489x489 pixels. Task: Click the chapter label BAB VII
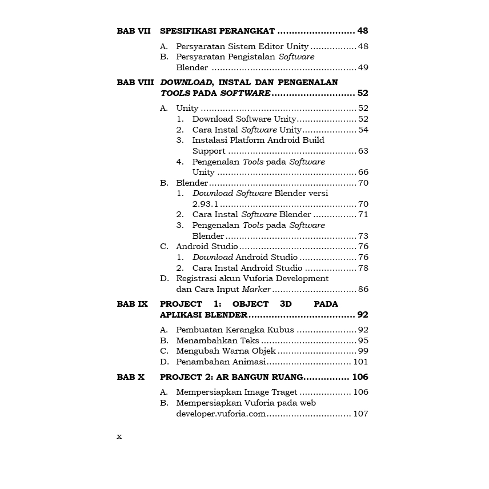click(x=134, y=31)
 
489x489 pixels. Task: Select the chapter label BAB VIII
click(x=135, y=82)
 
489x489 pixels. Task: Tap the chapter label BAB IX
click(x=133, y=304)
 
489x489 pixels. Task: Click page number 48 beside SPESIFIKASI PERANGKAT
click(x=363, y=31)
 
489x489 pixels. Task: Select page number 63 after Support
click(x=363, y=151)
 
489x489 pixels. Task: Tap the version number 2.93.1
click(x=205, y=204)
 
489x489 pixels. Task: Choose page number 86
click(x=363, y=289)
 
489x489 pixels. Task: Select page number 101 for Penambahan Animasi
click(x=360, y=362)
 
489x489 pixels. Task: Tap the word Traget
click(x=283, y=392)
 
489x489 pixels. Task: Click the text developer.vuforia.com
click(x=221, y=414)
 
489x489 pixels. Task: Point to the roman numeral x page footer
click(x=119, y=436)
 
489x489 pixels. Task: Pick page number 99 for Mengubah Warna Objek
click(x=363, y=351)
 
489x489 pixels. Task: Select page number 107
click(x=360, y=414)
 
